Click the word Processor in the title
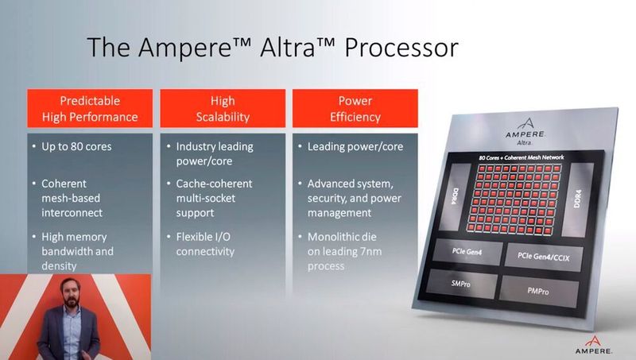(401, 48)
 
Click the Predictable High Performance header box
(90, 109)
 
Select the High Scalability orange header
(223, 109)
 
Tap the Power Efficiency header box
(355, 109)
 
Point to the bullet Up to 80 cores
(76, 146)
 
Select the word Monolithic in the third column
(342, 237)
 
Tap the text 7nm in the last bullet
(370, 251)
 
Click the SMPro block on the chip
(462, 284)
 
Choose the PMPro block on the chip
(538, 291)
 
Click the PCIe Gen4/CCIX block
(544, 256)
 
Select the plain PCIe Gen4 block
(467, 252)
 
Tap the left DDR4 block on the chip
(456, 196)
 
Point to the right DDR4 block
(578, 199)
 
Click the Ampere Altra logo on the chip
(525, 132)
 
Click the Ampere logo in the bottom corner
(593, 345)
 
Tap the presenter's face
(70, 292)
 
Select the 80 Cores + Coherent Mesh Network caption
(522, 157)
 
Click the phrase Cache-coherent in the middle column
(214, 184)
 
